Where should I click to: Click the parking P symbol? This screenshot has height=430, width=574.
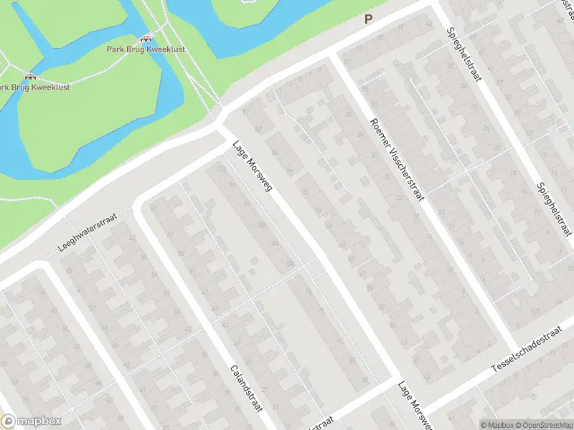tap(369, 19)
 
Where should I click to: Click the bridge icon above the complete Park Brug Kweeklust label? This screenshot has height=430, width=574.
tap(146, 39)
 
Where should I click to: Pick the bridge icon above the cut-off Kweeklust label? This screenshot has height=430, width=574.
tap(29, 76)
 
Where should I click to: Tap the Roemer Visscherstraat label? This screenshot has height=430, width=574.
tap(397, 160)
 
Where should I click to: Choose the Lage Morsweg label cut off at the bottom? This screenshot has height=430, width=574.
tap(415, 406)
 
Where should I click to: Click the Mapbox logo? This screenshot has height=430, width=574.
tap(30, 421)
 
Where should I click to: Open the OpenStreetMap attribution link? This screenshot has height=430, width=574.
tap(544, 425)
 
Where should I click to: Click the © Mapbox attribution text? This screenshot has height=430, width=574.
tap(498, 425)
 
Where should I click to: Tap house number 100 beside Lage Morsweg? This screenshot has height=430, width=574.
tap(220, 169)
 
